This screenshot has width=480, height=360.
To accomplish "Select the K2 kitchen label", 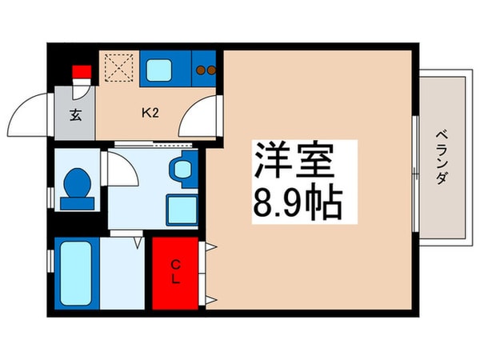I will click(x=150, y=112).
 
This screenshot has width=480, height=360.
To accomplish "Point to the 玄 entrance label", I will click(x=74, y=114).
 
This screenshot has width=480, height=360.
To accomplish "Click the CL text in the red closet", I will click(x=175, y=271).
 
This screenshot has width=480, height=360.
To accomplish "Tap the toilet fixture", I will click(x=77, y=187).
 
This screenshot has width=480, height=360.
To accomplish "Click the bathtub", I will click(x=77, y=271).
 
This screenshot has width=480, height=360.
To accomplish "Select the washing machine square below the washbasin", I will click(x=181, y=210).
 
